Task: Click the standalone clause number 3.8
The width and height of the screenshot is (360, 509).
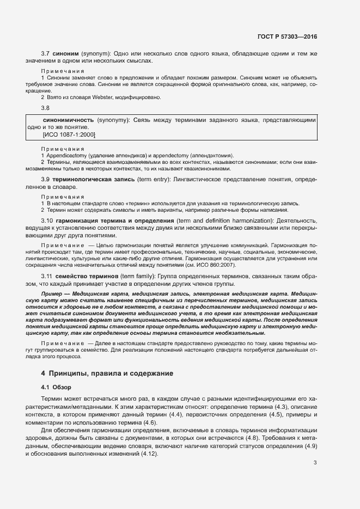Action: click(x=46, y=108)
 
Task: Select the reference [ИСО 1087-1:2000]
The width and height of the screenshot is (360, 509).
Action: click(x=69, y=133)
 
